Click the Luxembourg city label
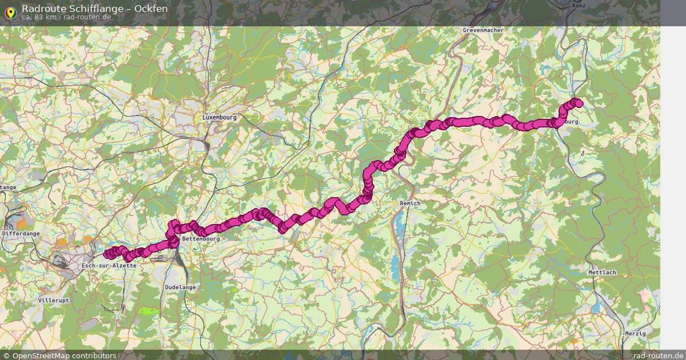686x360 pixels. [x=219, y=117]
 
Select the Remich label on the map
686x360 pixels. [x=410, y=203]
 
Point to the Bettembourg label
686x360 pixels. [x=200, y=238]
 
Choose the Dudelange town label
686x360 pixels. [x=180, y=287]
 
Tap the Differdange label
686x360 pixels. [x=21, y=234]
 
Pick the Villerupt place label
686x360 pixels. [x=53, y=300]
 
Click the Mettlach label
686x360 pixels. [x=602, y=273]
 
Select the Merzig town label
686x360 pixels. [x=635, y=333]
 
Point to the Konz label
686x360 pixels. [x=579, y=5]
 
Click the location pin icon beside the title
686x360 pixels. [x=10, y=11]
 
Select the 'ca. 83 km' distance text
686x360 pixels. [x=39, y=17]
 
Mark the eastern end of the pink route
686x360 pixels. [x=579, y=103]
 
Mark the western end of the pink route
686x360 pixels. [x=107, y=254]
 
